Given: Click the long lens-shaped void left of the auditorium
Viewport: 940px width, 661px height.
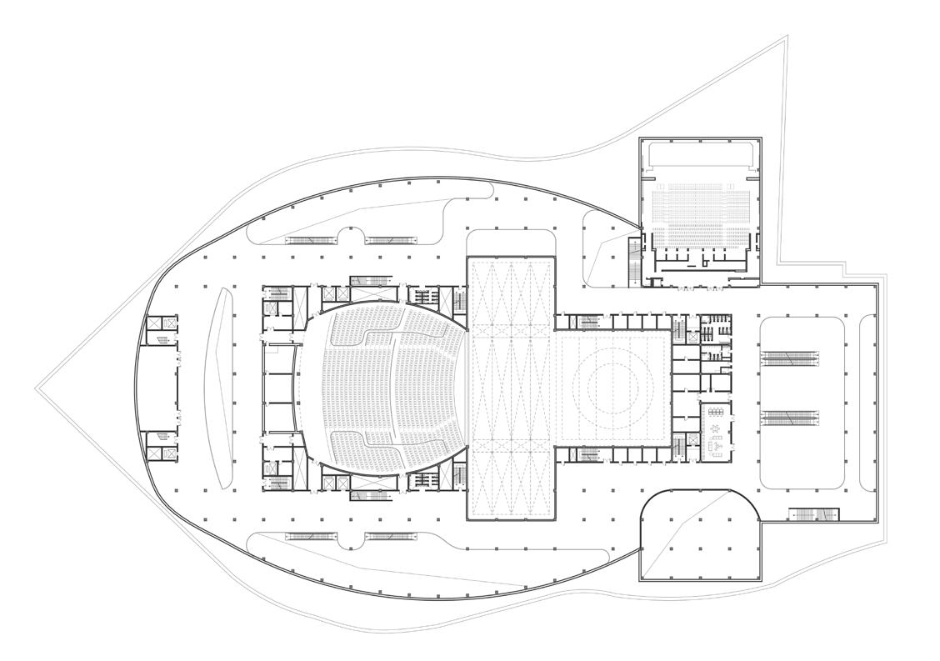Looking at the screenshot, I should pos(222,388).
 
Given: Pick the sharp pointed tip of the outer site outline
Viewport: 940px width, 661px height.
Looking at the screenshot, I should pos(37,388).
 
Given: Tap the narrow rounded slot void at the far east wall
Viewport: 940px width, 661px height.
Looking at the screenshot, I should pos(867,401).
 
